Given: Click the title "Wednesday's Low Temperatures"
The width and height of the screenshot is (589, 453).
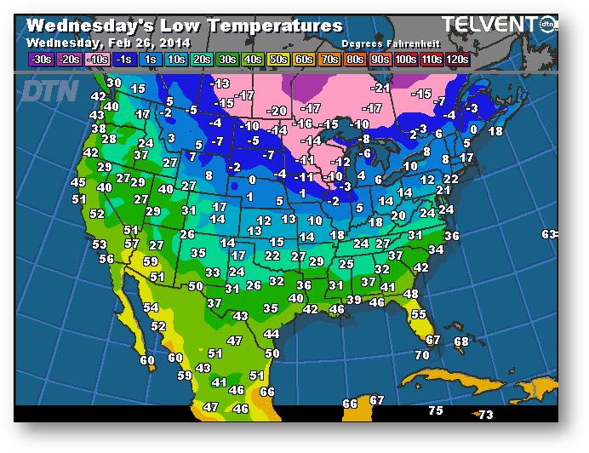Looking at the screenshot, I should (x=184, y=26).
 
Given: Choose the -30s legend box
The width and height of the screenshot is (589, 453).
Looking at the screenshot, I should (x=40, y=59).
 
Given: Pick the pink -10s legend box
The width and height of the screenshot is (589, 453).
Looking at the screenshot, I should (x=98, y=59).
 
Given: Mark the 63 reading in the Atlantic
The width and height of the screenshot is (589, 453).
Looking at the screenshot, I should (x=549, y=234).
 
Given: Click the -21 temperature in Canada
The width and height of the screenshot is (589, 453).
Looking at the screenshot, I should (x=380, y=88).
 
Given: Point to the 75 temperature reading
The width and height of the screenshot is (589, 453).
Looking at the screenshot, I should (x=436, y=410).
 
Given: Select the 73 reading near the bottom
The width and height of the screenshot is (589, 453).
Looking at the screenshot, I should (x=485, y=415).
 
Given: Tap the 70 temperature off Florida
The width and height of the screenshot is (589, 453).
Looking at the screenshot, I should (x=422, y=354).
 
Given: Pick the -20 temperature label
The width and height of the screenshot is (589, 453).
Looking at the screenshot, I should (x=277, y=112).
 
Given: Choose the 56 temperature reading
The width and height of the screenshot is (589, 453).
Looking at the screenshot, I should (x=106, y=259).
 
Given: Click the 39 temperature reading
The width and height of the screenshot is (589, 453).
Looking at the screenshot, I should (x=353, y=300).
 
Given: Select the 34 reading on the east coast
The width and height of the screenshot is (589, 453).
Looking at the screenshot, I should (x=437, y=249).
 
